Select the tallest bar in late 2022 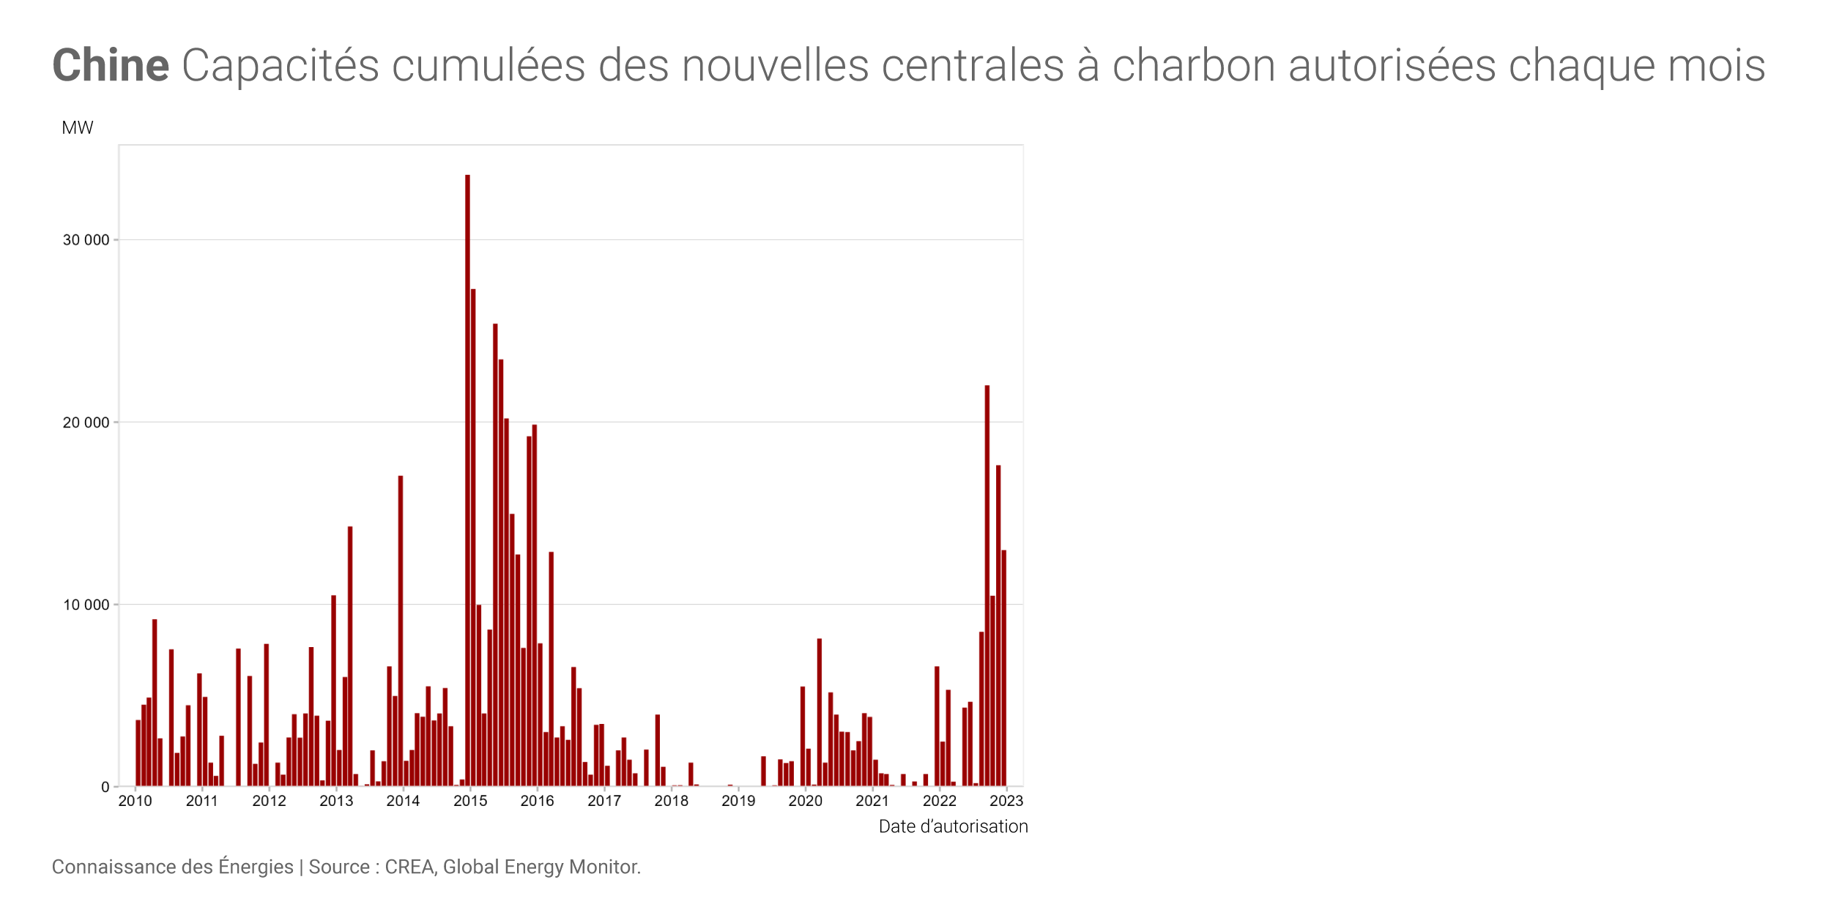tap(987, 586)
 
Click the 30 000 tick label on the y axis tap(86, 240)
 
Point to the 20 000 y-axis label tap(86, 422)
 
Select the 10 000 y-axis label tap(86, 605)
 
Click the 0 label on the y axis tap(105, 787)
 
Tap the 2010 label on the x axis tap(135, 801)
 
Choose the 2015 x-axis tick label tap(470, 801)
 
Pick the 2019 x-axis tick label tap(738, 801)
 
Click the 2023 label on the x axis tap(1006, 801)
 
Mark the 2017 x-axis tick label tap(604, 801)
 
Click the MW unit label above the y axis tap(78, 128)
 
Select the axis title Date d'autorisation tap(953, 826)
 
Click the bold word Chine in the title tap(111, 65)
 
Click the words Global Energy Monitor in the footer tap(541, 867)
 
